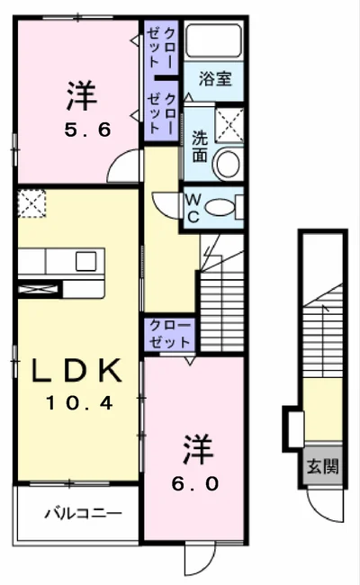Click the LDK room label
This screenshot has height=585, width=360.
[76, 370]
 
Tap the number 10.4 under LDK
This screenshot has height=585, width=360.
[79, 403]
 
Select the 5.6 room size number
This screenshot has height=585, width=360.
[87, 130]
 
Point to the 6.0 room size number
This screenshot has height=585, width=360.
[195, 484]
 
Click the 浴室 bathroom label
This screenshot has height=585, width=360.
[215, 78]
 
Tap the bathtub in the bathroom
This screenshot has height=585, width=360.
[213, 40]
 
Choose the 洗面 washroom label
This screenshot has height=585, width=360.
[200, 147]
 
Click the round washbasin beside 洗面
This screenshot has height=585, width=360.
[227, 164]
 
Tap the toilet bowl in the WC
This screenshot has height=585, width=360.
[220, 207]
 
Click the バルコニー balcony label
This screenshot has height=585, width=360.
[83, 514]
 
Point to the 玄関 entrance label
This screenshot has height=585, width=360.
[322, 466]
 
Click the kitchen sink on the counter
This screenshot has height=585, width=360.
[85, 261]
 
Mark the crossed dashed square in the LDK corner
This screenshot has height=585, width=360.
[31, 203]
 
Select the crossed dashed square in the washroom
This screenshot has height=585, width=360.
[229, 125]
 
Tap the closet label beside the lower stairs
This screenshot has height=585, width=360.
[170, 334]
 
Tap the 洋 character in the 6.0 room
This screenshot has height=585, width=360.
[198, 449]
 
